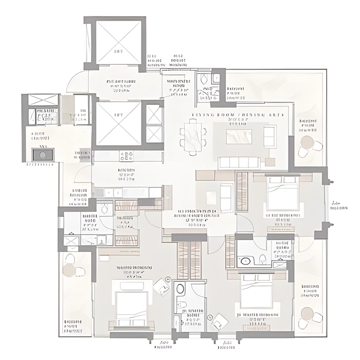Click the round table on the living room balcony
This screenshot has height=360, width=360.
pos(307,142)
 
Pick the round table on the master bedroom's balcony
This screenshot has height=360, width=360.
pos(69,269)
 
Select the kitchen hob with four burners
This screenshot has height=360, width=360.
pos(127,155)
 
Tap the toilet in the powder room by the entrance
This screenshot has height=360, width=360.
pos(204,80)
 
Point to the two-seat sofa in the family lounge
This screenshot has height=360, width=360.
pos(226,193)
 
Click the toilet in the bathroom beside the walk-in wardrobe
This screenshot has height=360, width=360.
pos(104,209)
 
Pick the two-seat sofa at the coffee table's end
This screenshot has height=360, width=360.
pos(270,136)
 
